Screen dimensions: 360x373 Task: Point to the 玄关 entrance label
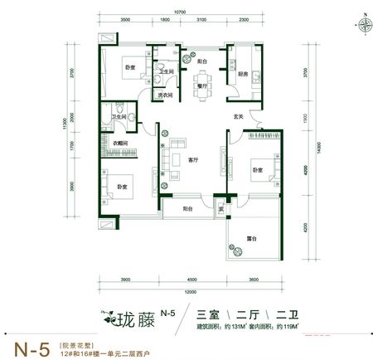coord(238,115)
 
